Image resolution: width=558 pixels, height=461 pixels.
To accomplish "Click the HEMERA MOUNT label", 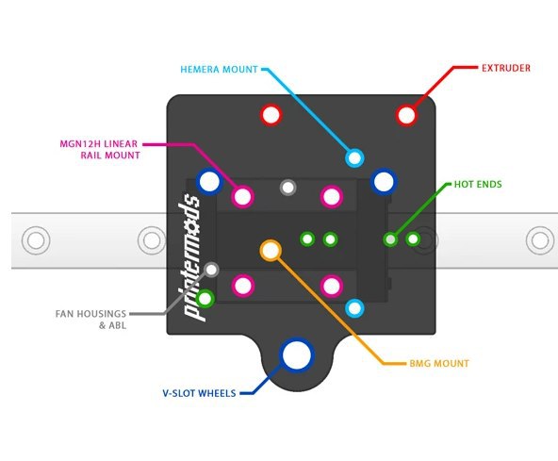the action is pyautogui.click(x=219, y=69).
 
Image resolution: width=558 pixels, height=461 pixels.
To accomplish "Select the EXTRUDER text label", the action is pyautogui.click(x=505, y=68).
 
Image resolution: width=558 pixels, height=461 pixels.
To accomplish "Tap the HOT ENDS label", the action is pyautogui.click(x=478, y=184).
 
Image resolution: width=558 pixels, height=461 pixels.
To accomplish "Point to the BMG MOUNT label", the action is pyautogui.click(x=439, y=364).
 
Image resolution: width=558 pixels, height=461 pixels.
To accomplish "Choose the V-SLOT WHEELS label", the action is pyautogui.click(x=199, y=393).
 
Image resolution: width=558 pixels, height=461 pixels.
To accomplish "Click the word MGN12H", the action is pyautogui.click(x=79, y=144).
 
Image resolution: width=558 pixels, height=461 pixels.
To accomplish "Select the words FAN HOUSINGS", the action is pyautogui.click(x=90, y=314).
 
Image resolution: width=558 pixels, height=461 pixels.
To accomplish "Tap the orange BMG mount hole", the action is pyautogui.click(x=271, y=250).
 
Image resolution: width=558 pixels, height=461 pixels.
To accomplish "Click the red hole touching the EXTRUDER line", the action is pyautogui.click(x=406, y=115).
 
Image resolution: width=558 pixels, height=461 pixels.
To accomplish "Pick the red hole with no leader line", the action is pyautogui.click(x=271, y=115).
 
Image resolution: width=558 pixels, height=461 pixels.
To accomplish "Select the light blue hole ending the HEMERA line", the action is pyautogui.click(x=354, y=157).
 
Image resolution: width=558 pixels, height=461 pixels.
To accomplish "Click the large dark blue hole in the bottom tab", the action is pyautogui.click(x=296, y=355).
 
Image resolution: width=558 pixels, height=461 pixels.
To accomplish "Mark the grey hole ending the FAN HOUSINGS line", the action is pyautogui.click(x=211, y=270).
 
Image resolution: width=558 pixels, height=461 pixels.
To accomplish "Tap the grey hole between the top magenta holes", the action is pyautogui.click(x=287, y=188).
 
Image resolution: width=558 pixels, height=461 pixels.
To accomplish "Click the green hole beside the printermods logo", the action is pyautogui.click(x=205, y=298).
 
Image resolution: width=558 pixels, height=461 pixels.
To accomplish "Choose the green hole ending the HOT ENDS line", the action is pyautogui.click(x=390, y=239).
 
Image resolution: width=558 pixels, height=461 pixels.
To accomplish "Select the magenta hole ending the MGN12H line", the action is pyautogui.click(x=242, y=196).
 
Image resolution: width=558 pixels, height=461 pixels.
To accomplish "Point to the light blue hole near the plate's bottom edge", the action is pyautogui.click(x=354, y=308).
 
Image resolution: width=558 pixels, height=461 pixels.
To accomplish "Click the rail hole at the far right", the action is pyautogui.click(x=540, y=240).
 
